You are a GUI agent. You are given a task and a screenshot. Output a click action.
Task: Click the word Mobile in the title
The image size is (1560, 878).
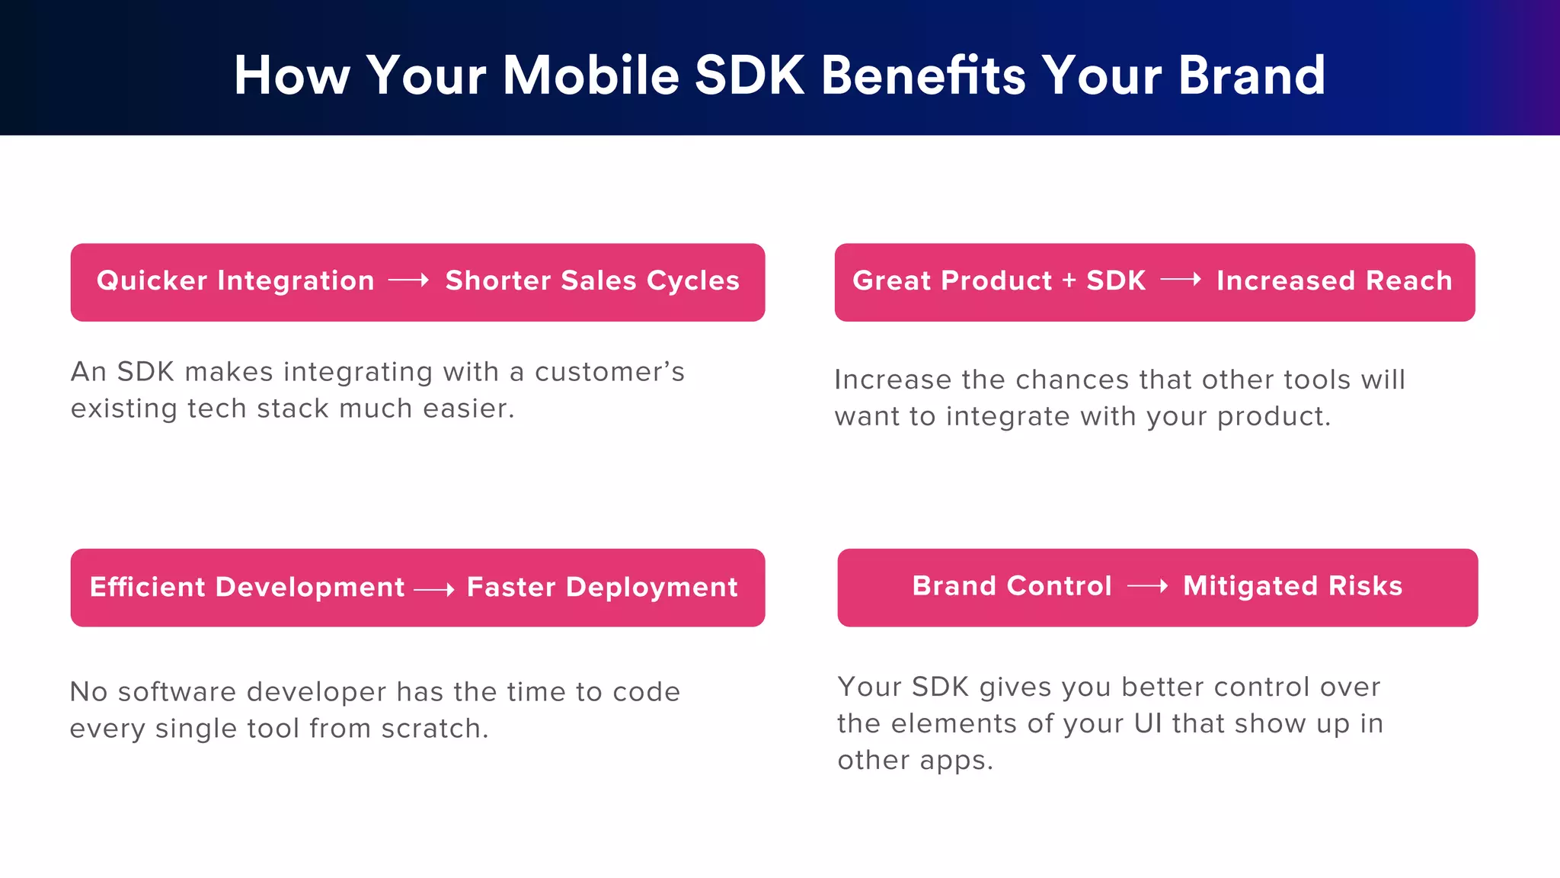click(x=590, y=75)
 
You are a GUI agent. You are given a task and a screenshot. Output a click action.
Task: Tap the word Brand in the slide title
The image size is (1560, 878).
click(x=1252, y=75)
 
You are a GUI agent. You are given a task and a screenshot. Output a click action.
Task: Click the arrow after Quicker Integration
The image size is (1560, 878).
click(x=409, y=280)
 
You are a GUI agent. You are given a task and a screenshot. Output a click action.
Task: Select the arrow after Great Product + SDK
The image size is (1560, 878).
click(x=1181, y=280)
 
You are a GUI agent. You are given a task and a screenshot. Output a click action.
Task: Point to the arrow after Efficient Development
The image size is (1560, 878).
click(x=434, y=589)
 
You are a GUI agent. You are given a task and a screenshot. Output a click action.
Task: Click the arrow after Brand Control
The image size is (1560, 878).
click(x=1147, y=586)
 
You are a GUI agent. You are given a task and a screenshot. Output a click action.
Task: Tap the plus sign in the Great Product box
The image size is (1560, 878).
click(x=1069, y=280)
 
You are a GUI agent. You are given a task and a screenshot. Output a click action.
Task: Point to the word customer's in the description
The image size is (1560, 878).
click(x=609, y=372)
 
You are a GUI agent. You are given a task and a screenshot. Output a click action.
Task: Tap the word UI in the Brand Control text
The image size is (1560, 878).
click(x=1148, y=723)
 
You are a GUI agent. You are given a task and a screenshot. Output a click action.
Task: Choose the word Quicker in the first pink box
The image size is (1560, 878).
click(x=152, y=280)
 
